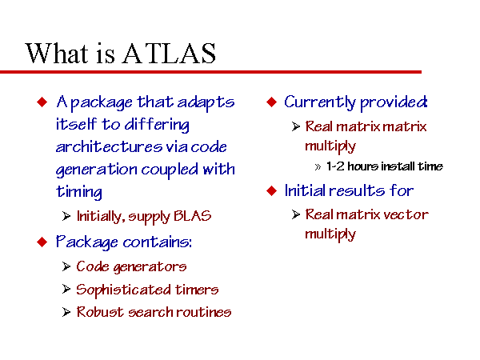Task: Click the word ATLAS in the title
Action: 170,54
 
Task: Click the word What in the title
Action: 56,53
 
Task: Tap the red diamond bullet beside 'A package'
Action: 42,102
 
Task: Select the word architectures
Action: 109,146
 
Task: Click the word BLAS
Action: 193,216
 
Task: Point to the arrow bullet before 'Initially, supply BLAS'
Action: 66,216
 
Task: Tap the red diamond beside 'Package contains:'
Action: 42,242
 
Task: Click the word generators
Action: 150,267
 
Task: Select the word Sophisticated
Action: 123,290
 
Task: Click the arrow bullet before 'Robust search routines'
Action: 66,312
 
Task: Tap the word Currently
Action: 320,102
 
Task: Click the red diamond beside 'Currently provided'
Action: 271,102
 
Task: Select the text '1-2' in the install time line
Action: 335,166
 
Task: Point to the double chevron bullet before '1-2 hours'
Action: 318,167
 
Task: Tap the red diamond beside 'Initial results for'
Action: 271,190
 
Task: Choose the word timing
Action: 79,192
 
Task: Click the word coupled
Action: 170,170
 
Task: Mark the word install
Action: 398,166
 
